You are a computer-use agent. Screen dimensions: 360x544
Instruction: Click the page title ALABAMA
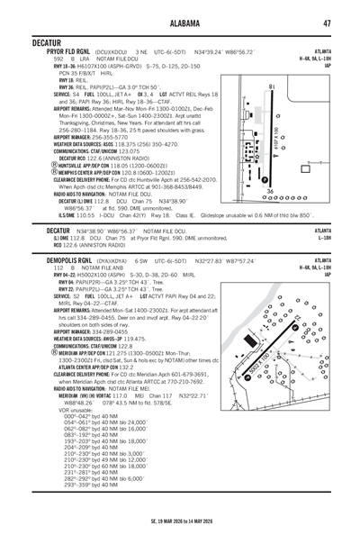coord(180,23)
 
